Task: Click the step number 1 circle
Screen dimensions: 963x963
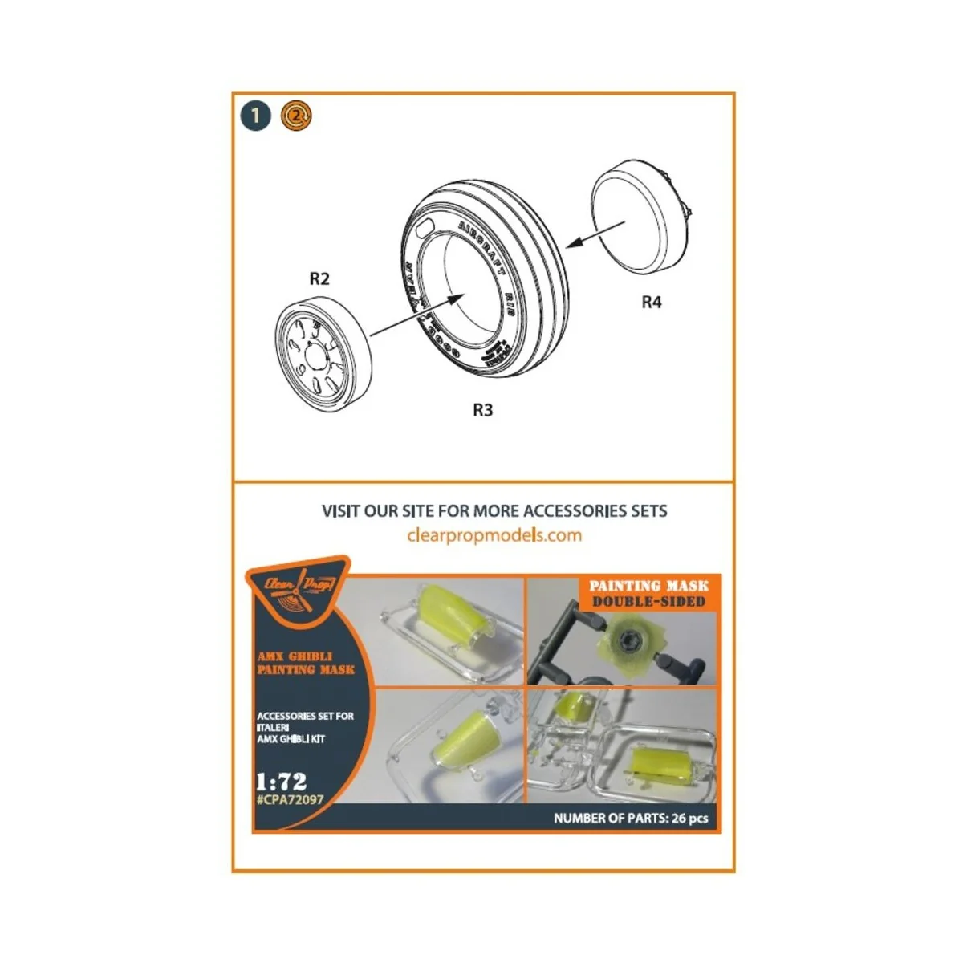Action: pos(255,116)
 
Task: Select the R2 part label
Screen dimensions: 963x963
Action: pos(319,278)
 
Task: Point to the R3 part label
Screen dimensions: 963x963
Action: pos(481,410)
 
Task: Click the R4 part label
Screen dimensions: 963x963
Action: pos(652,303)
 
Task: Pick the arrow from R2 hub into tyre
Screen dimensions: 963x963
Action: pos(417,313)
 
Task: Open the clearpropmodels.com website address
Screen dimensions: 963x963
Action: pos(494,535)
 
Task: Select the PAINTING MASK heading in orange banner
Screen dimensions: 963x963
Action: pos(648,586)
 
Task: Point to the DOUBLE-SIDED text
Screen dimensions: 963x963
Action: pos(648,601)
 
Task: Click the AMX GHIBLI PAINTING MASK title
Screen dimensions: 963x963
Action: pos(305,663)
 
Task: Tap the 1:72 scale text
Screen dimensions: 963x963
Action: pos(281,781)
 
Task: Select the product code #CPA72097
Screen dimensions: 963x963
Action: pos(290,798)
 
